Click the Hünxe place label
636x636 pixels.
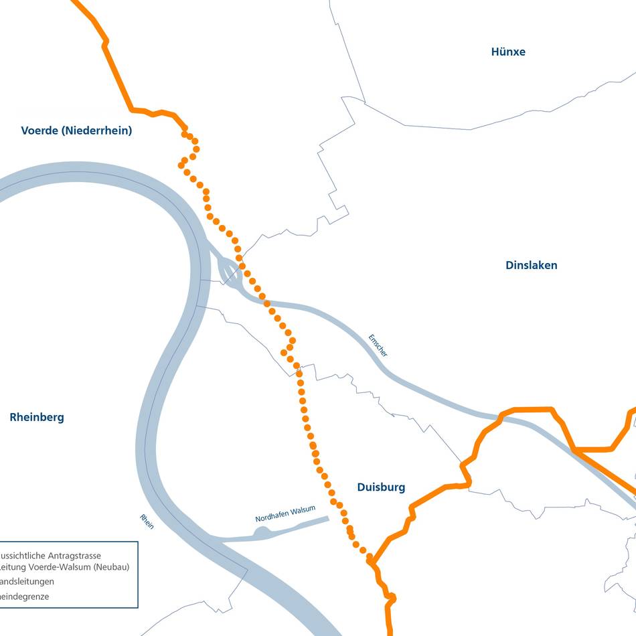point(508,52)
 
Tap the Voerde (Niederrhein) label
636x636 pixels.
point(76,131)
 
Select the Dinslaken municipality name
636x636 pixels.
point(531,265)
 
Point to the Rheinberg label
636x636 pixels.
point(37,417)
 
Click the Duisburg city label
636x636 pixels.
point(381,487)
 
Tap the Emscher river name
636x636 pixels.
point(378,345)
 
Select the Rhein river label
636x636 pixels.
point(147,522)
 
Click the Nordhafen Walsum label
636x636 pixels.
point(285,514)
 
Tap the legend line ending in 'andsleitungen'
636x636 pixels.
point(27,581)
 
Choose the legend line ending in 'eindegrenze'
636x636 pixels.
point(24,596)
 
